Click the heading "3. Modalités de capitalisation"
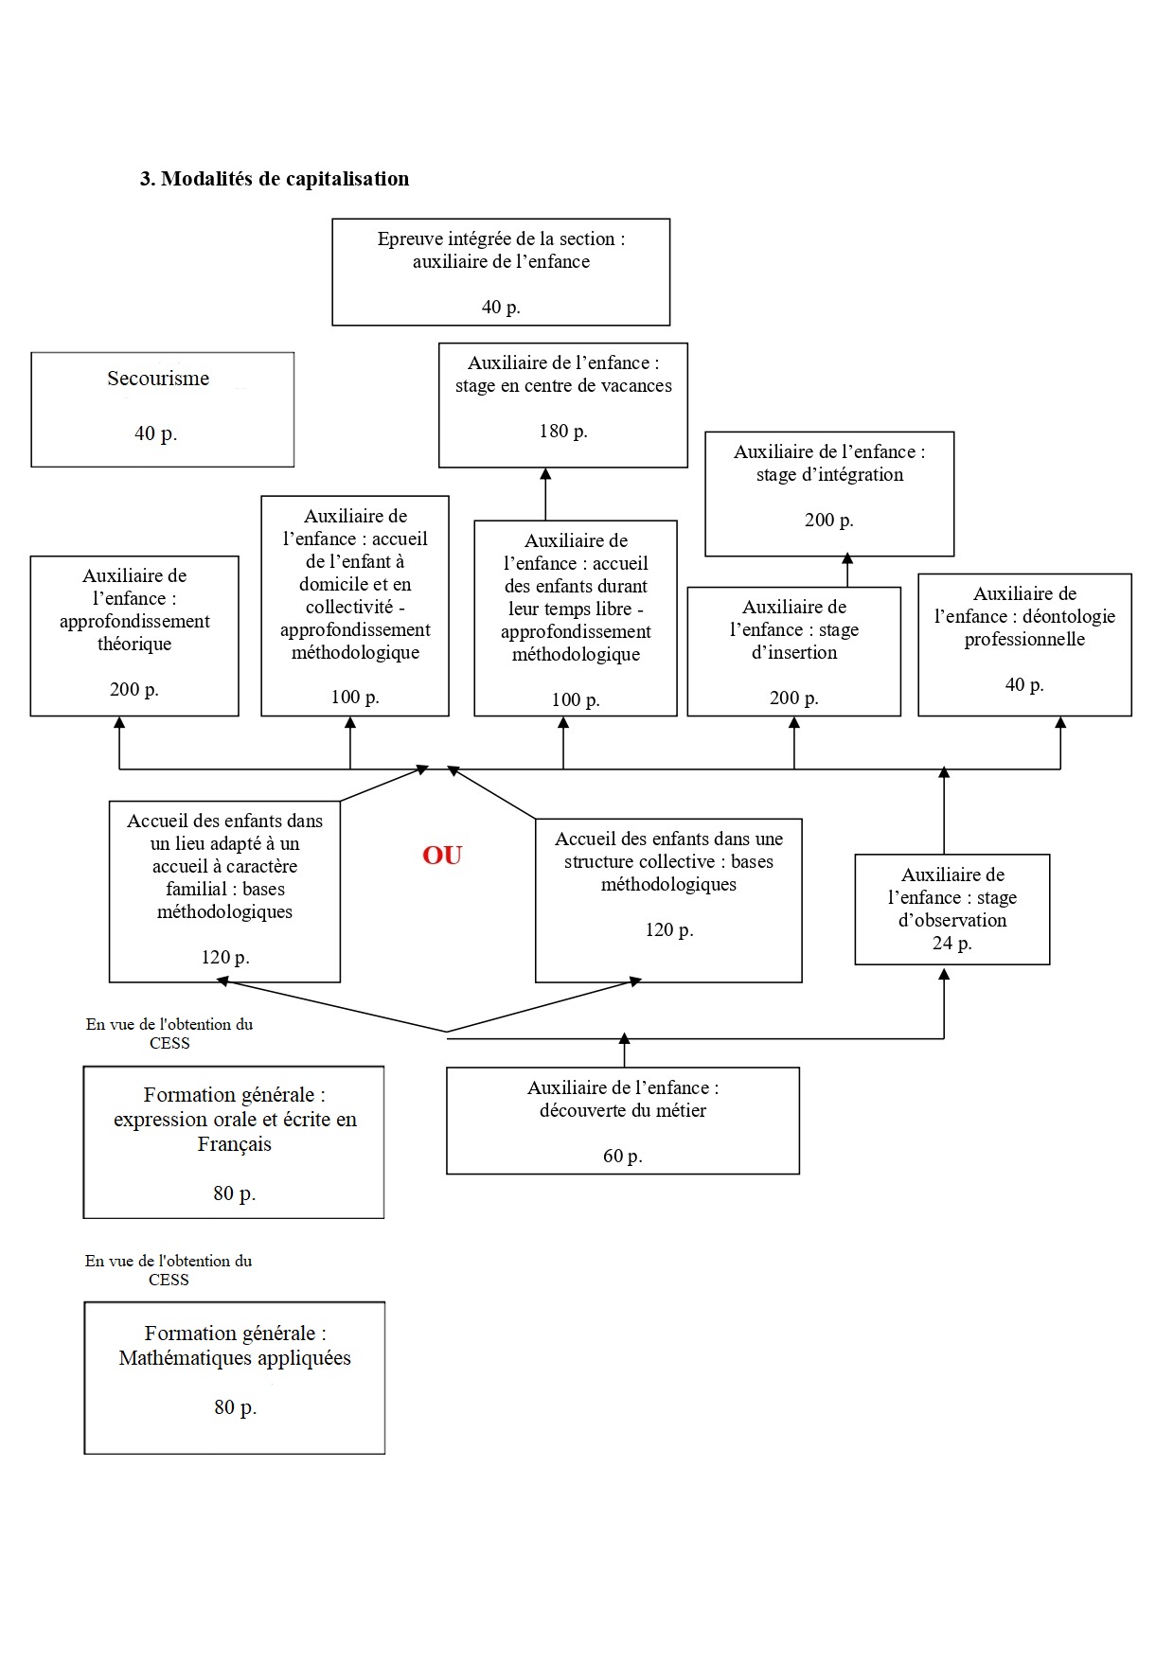275,179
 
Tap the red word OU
442,856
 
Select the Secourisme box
163,410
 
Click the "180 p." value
563,432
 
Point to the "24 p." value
952,944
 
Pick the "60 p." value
623,1157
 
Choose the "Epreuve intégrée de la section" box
501,273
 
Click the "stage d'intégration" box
829,494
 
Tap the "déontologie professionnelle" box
1024,645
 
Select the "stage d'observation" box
952,910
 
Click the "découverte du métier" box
623,1121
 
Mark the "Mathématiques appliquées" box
235,1378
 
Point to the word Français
235,1144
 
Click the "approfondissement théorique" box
134,636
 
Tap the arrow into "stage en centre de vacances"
545,494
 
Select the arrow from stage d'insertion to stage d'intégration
847,571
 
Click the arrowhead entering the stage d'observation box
944,974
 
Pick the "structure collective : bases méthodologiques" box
668,901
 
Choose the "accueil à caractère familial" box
224,892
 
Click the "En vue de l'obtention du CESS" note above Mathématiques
169,1270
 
